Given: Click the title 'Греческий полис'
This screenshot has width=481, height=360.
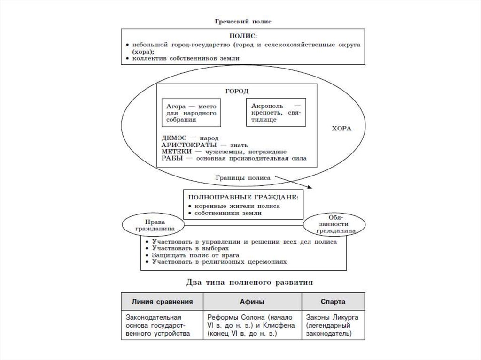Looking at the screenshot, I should (243, 22).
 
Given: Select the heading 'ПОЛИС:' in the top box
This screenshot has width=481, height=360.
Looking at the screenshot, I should (243, 36).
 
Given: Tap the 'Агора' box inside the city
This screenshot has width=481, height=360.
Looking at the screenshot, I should (191, 113).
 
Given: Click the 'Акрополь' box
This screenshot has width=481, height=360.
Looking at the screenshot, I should (276, 113).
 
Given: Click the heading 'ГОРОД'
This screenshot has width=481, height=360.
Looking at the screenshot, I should (237, 91).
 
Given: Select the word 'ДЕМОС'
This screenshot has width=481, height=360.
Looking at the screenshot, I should (174, 139).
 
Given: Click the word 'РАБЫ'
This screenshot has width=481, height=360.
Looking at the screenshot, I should (172, 159).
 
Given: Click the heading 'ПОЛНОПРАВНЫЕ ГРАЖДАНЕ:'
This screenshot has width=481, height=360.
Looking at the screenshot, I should (242, 198).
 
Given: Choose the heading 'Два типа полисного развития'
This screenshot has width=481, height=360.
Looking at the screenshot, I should (243, 283).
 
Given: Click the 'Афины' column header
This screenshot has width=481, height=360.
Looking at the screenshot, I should (252, 301).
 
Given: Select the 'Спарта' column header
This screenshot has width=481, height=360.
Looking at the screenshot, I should (333, 301).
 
